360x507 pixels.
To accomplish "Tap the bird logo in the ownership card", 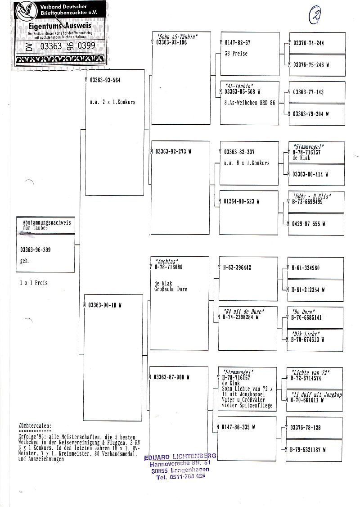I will click(x=26, y=11).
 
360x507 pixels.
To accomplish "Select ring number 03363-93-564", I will click(x=105, y=81).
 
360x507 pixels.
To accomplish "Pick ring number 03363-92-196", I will click(x=171, y=42).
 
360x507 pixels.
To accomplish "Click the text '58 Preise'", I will click(x=236, y=54).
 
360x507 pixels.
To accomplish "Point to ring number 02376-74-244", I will click(x=308, y=43).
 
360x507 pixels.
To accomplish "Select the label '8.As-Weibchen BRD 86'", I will click(x=249, y=103).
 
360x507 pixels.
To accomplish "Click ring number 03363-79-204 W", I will click(x=310, y=114).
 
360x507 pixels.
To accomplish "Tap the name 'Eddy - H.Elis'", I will click(x=312, y=196).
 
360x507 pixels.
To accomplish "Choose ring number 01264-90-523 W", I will click(x=242, y=202).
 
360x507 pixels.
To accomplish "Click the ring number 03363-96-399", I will click(x=36, y=250).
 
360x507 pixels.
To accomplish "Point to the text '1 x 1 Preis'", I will click(x=34, y=283).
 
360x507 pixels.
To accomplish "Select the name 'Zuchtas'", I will click(x=167, y=261).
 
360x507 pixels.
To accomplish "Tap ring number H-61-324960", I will click(x=306, y=268).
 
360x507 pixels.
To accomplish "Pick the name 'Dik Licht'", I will click(x=306, y=334).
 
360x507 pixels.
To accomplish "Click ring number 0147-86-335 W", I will click(x=238, y=427).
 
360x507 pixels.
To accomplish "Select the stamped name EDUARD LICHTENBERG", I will click(x=180, y=457).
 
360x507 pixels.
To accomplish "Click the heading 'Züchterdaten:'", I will click(x=35, y=425).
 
